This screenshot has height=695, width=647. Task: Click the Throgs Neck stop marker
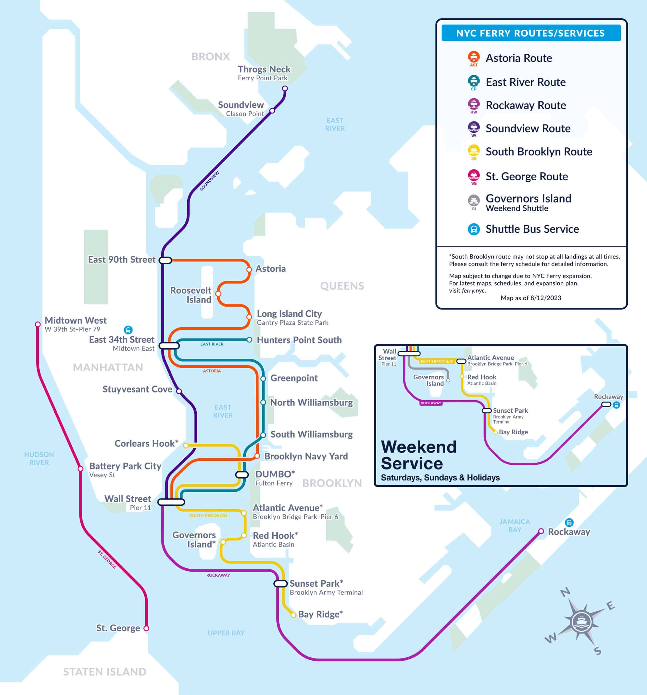tap(285, 89)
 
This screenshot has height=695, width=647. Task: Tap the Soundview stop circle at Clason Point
tap(272, 111)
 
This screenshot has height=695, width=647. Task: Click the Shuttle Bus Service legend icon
tap(474, 229)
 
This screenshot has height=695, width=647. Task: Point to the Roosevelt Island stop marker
tap(218, 294)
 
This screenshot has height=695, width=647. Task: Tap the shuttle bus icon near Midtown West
tap(128, 330)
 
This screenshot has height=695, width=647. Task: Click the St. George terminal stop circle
tap(146, 628)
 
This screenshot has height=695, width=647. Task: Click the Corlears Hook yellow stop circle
tap(186, 446)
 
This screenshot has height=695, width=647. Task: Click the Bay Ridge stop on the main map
tap(293, 615)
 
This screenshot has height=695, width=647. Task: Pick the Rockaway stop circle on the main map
tap(541, 531)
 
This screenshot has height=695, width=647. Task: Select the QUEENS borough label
tap(342, 286)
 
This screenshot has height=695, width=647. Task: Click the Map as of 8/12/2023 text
tap(531, 298)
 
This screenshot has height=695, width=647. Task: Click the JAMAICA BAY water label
tap(515, 525)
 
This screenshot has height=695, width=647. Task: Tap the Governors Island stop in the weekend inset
tap(448, 380)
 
